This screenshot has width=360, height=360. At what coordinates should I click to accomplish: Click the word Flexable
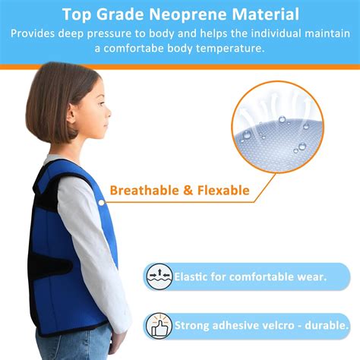click(220, 190)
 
